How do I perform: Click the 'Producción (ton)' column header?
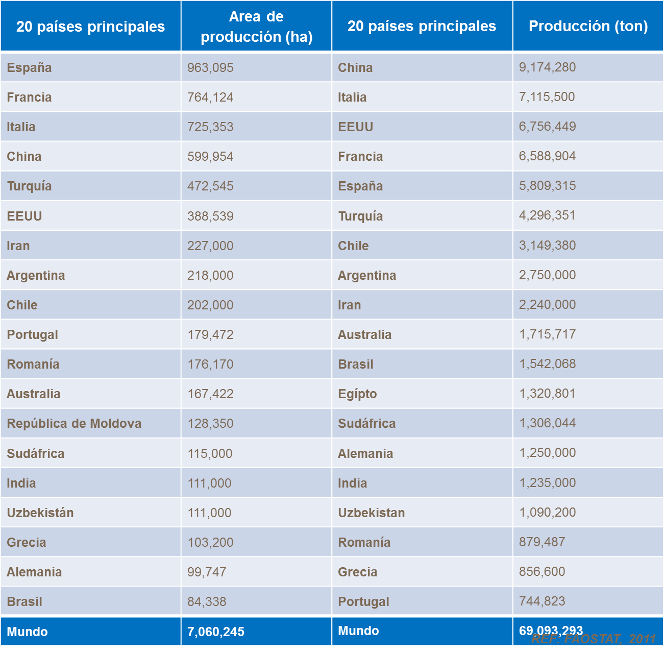click(588, 26)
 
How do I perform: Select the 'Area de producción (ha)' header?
click(256, 27)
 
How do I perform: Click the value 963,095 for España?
click(210, 67)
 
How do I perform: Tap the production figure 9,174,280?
click(547, 67)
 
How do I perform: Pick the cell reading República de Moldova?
click(74, 423)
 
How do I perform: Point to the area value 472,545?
click(210, 186)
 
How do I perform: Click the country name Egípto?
click(357, 394)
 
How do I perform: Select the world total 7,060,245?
click(216, 632)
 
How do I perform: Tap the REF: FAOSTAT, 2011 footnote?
click(594, 639)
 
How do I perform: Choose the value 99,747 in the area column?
click(207, 572)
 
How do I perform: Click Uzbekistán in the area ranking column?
click(40, 513)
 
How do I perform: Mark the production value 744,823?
click(542, 601)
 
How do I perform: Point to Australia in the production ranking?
click(364, 334)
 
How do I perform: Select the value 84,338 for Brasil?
click(207, 601)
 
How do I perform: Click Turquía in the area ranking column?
click(29, 186)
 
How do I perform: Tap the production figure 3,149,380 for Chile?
click(547, 245)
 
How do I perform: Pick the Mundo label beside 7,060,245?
click(27, 632)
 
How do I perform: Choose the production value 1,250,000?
click(547, 452)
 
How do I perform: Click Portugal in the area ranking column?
click(32, 334)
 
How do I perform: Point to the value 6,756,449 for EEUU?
click(547, 126)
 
